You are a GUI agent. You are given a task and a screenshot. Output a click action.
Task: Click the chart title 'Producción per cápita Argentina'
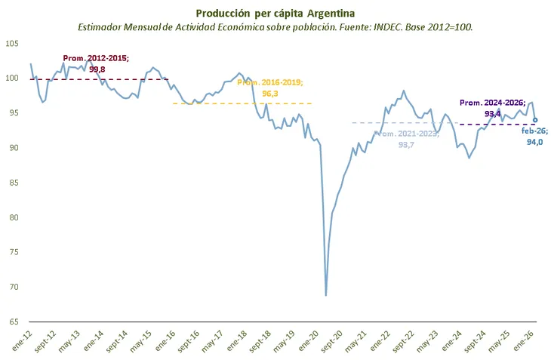pyautogui.click(x=275, y=13)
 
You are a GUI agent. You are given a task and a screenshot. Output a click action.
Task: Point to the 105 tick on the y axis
pyautogui.click(x=13, y=43)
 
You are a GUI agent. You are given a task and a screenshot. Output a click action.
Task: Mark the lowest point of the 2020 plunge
pyautogui.click(x=326, y=294)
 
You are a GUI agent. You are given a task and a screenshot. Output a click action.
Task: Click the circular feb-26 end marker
pyautogui.click(x=535, y=119)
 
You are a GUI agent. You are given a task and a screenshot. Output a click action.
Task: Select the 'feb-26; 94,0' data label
pyautogui.click(x=536, y=135)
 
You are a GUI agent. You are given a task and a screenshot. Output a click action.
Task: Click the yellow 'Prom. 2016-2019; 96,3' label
pyautogui.click(x=269, y=88)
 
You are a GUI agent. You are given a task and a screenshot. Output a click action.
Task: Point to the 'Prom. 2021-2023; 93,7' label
pyautogui.click(x=405, y=139)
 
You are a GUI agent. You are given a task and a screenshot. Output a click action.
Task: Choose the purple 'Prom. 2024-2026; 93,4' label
pyautogui.click(x=492, y=108)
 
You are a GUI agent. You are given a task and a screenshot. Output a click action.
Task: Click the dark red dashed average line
pyautogui.click(x=45, y=78)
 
